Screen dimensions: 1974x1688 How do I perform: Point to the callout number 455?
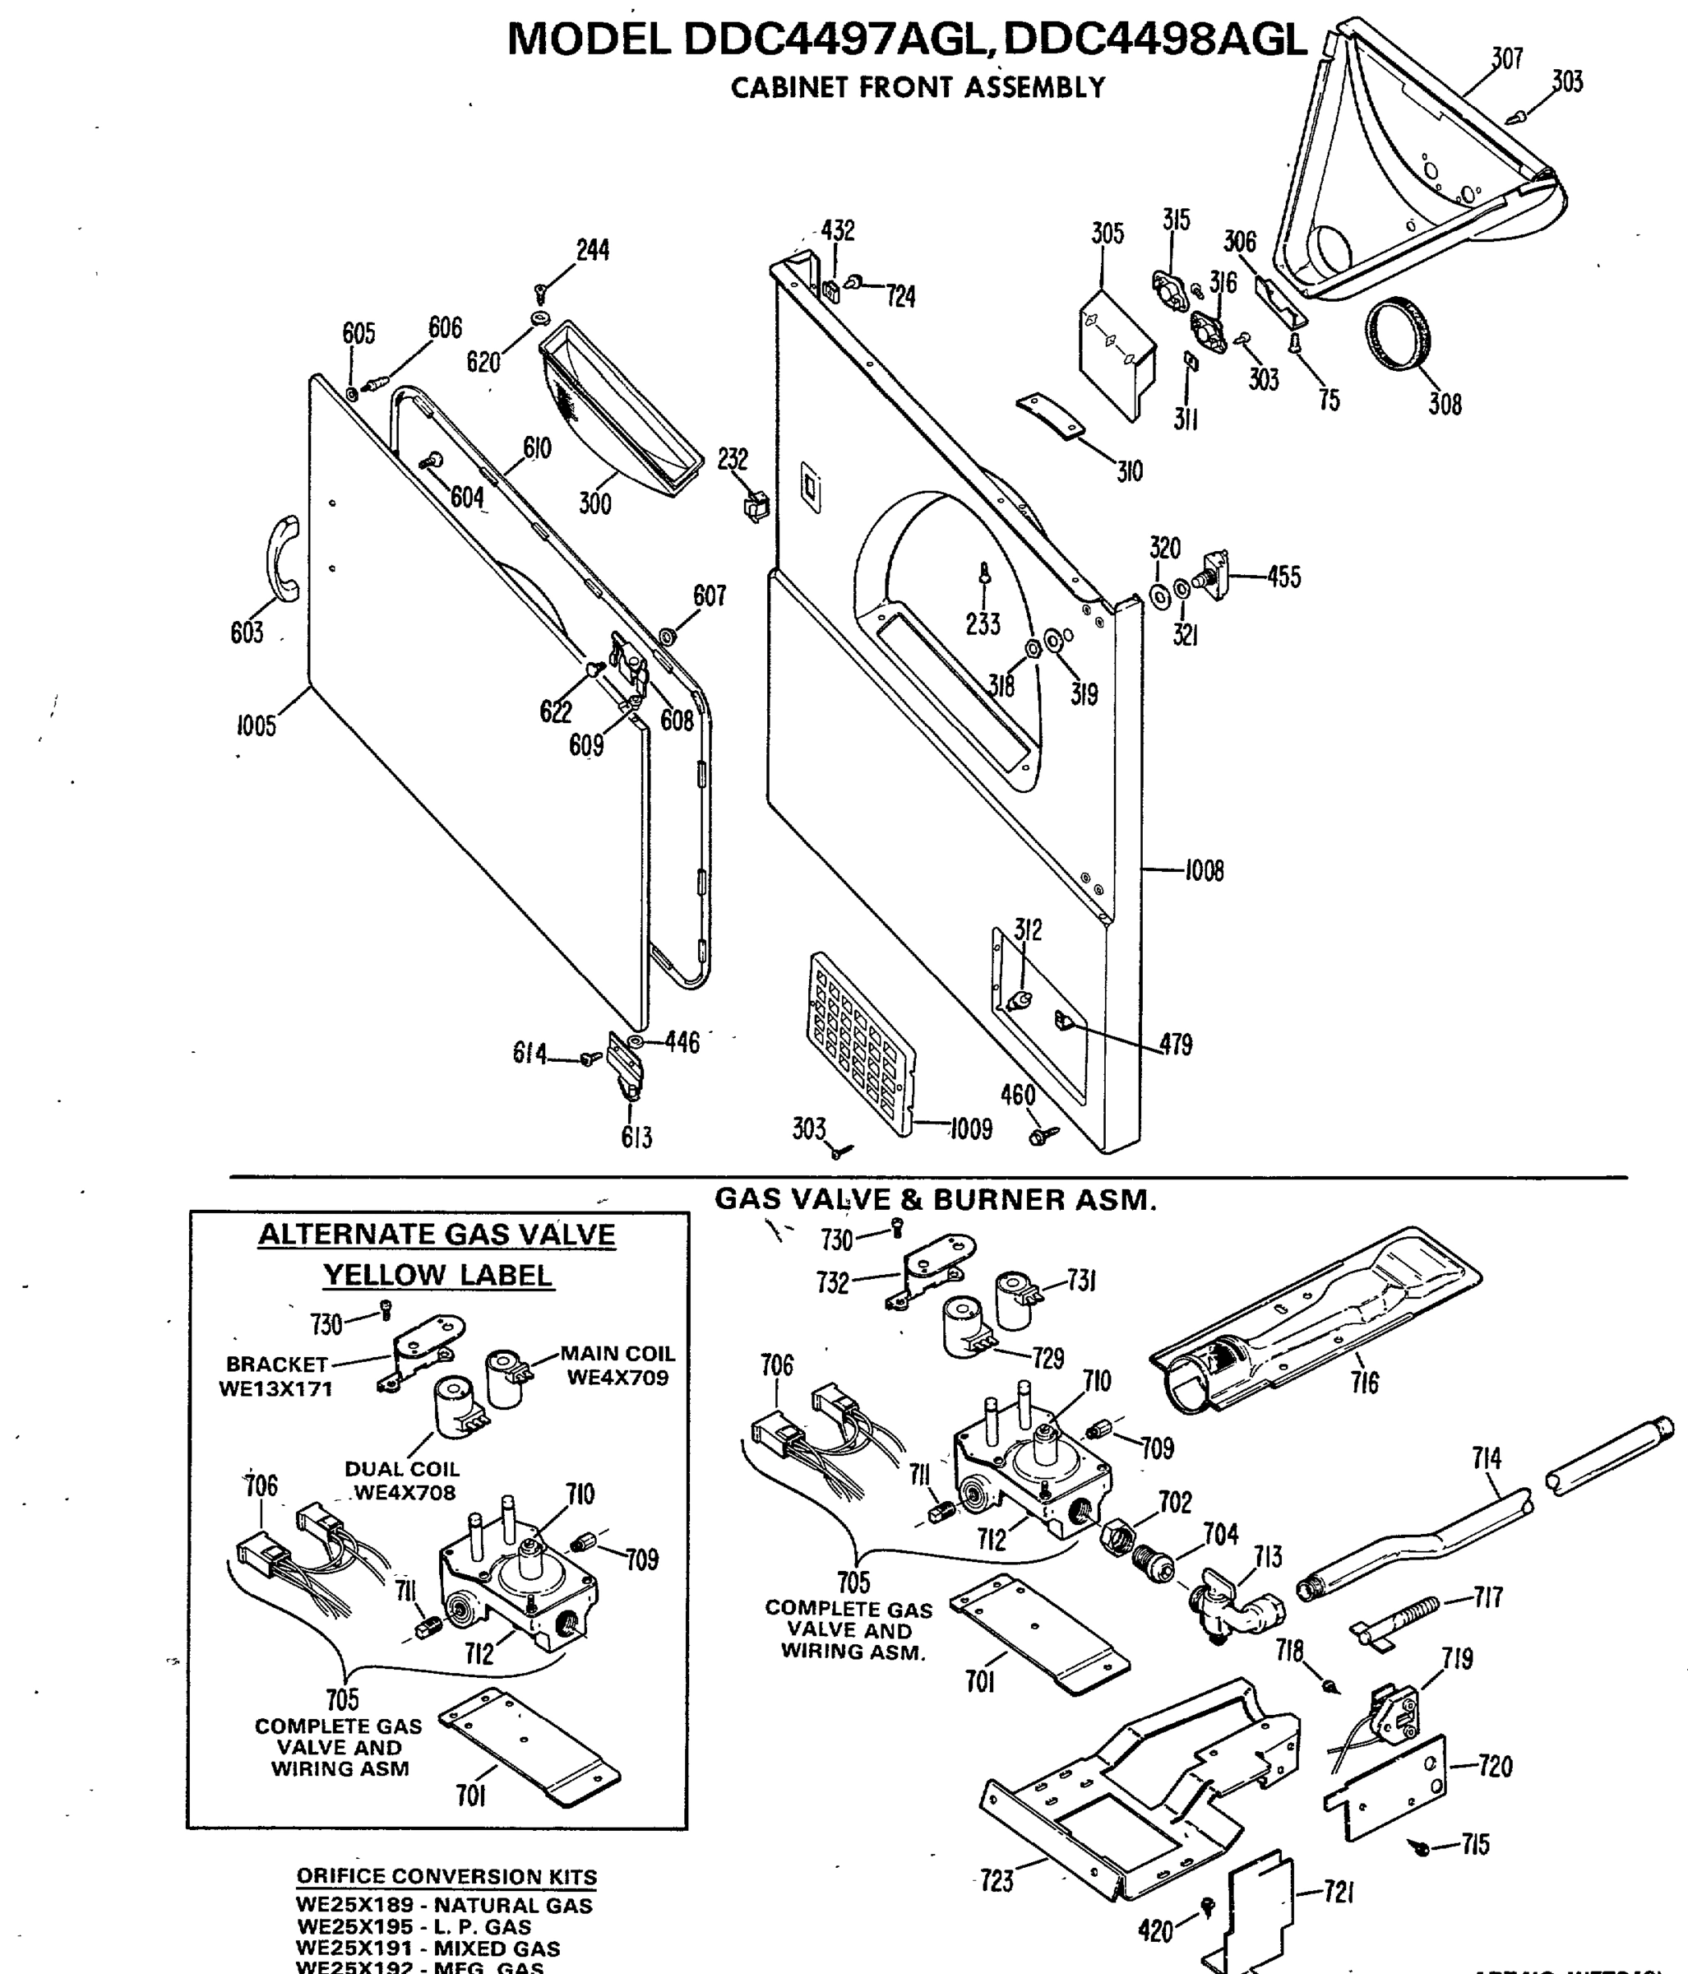tap(1283, 577)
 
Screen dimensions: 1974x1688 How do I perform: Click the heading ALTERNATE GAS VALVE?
tap(437, 1235)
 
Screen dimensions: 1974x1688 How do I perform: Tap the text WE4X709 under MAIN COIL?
tap(617, 1378)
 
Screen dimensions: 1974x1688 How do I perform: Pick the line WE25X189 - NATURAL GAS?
tap(444, 1906)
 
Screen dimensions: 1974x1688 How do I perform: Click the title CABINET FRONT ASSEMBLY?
tap(918, 88)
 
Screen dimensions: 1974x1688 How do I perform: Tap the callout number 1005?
tap(257, 727)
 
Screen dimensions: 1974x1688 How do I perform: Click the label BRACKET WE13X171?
tap(276, 1377)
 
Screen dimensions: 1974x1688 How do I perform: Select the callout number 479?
tap(1176, 1045)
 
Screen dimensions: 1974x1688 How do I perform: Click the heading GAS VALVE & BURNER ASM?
tap(936, 1200)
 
